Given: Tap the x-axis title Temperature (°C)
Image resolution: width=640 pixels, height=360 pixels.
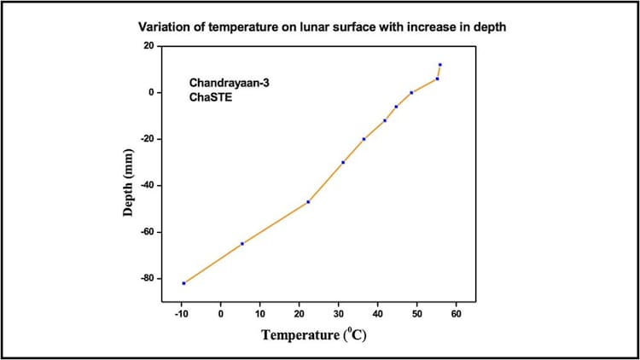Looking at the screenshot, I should pos(314,334).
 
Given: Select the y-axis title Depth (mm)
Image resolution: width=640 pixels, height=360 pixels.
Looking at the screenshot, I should pos(129,185).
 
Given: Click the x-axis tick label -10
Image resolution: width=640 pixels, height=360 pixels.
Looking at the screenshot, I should pos(181,315).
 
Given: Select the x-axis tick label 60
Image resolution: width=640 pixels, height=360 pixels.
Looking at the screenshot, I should pos(457,315).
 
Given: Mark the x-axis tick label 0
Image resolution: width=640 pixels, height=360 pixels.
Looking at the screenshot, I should pos(221,315).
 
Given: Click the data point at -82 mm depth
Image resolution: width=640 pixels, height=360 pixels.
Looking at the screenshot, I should pos(183,283).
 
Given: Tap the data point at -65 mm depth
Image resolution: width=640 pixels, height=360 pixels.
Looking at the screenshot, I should pos(242,243).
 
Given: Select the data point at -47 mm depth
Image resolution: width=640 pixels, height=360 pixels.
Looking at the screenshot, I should pos(308,201).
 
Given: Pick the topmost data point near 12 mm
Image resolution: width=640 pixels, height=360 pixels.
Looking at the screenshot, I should pos(439,65).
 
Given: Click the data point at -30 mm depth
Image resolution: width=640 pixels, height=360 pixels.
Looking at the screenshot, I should pos(343,162).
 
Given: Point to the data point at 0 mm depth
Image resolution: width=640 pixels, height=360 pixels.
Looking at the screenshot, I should pos(411,92).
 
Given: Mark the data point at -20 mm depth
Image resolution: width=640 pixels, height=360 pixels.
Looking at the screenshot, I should pos(364,139).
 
